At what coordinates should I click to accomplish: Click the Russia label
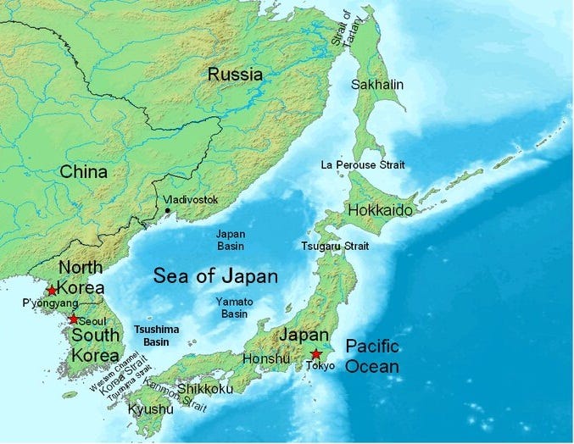click(x=235, y=75)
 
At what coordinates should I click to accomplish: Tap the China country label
click(x=83, y=172)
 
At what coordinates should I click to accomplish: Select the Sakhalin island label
click(x=377, y=84)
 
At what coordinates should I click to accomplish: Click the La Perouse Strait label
click(x=363, y=164)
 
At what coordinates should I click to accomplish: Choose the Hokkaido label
click(x=379, y=209)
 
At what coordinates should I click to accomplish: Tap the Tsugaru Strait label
click(x=335, y=246)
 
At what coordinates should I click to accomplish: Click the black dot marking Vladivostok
click(x=168, y=209)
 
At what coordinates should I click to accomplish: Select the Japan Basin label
click(x=230, y=240)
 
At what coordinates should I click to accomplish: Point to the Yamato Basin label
click(x=235, y=307)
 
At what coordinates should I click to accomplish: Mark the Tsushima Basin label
click(x=156, y=335)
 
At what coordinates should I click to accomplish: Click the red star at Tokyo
click(x=316, y=353)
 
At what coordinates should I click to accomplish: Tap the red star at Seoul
click(x=74, y=319)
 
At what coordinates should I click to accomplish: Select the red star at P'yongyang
click(x=53, y=290)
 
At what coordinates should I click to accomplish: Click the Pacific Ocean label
click(x=371, y=356)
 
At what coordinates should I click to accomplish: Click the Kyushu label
click(x=150, y=409)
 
